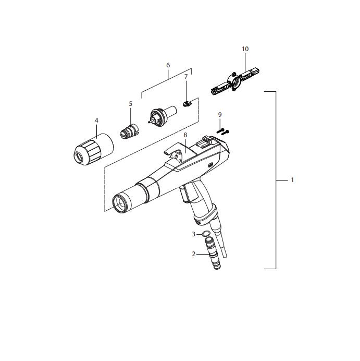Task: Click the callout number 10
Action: tap(245, 49)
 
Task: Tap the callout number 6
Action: tap(168, 65)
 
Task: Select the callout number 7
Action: tap(186, 77)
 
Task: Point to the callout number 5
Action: tap(131, 104)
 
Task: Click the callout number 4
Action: tap(96, 121)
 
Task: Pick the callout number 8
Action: tap(185, 135)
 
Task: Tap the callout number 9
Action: tap(220, 115)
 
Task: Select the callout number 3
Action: tap(194, 234)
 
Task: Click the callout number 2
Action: tap(194, 254)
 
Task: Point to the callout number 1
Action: tap(292, 180)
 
